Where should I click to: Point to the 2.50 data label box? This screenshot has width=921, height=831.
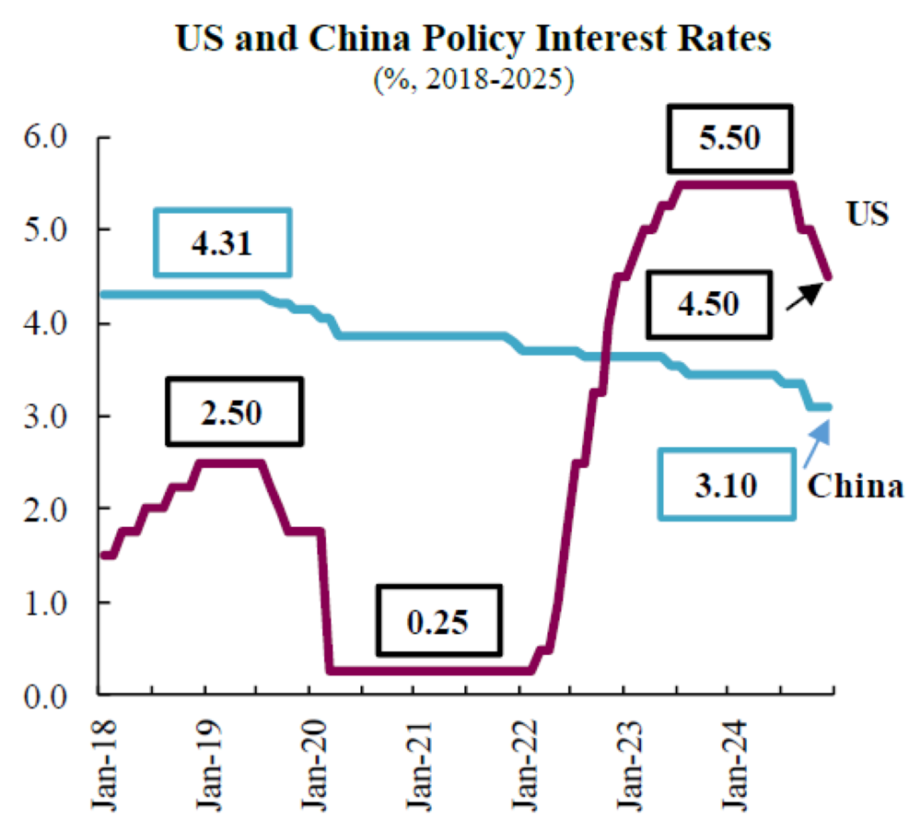[x=235, y=409]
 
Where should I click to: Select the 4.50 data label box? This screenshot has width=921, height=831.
[x=705, y=304]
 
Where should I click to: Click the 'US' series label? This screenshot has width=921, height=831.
[x=868, y=215]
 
